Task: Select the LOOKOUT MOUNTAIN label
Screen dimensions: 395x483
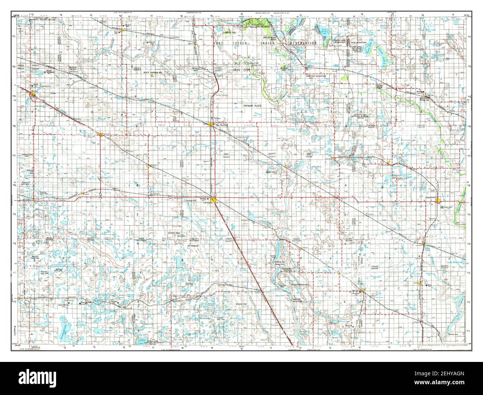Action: [x=305, y=76]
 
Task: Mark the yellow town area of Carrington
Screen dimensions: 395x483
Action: [x=215, y=200]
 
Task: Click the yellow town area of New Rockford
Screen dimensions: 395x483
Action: [x=211, y=125]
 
